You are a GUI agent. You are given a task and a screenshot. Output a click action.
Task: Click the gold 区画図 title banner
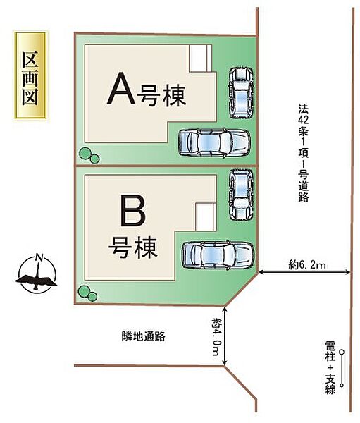point(30,78)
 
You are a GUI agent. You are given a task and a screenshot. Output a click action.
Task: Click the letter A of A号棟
point(119,90)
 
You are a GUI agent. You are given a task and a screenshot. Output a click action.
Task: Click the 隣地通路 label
point(142,336)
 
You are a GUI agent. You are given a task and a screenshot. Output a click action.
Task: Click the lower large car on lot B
point(217,255)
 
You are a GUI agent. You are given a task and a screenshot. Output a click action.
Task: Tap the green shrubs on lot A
point(88,154)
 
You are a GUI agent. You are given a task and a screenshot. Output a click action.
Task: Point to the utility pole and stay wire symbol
point(342,367)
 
